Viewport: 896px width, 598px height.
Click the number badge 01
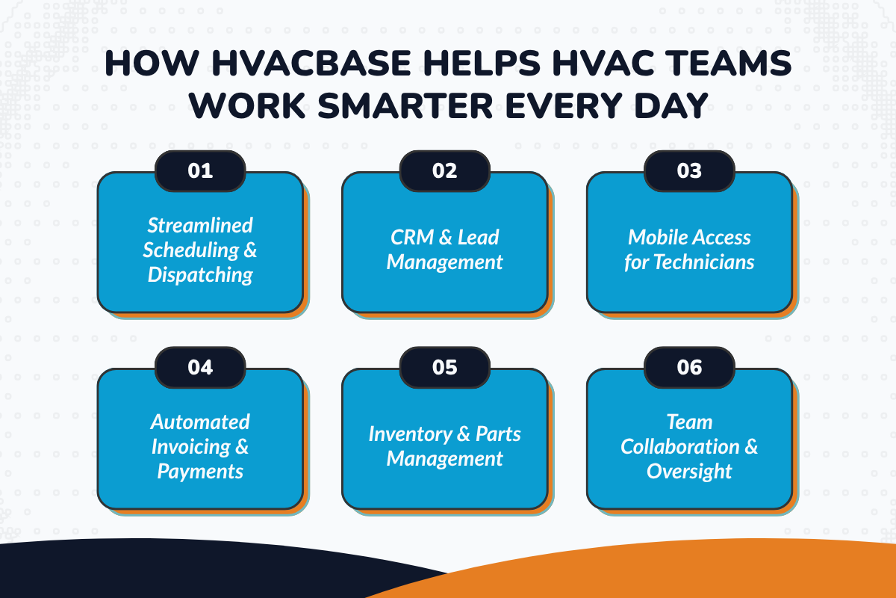click(x=200, y=171)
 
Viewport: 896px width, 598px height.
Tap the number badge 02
click(x=445, y=171)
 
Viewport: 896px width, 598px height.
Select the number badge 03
click(x=689, y=171)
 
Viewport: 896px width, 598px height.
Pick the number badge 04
click(x=200, y=368)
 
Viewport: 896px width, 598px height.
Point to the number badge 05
click(x=445, y=368)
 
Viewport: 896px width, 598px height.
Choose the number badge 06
click(x=689, y=368)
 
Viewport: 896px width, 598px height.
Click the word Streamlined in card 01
click(x=200, y=225)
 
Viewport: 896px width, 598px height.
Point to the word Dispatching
click(x=200, y=275)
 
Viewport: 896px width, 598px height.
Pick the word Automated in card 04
click(x=200, y=422)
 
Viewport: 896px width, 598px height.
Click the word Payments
click(x=200, y=472)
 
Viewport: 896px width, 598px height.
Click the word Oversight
click(x=689, y=472)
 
